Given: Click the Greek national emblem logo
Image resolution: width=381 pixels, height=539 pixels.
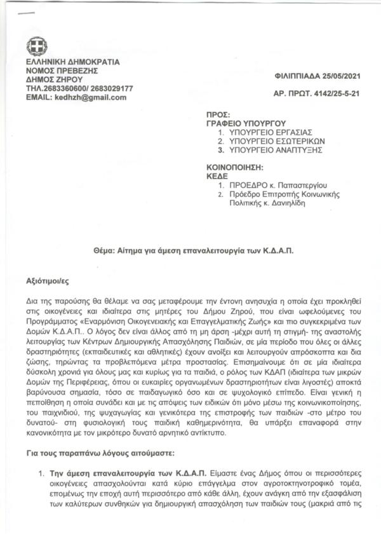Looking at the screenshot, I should point(36,46).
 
